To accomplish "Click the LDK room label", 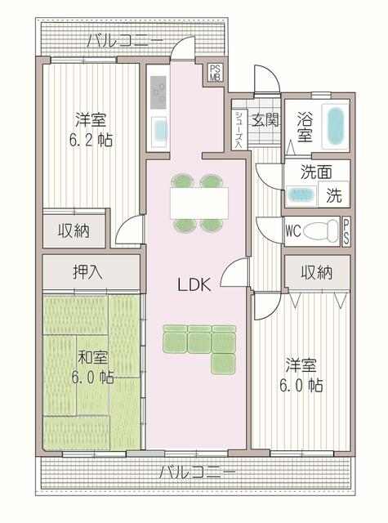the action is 194,285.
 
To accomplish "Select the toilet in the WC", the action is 321,230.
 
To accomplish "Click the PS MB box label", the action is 215,73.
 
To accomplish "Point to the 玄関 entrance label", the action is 265,120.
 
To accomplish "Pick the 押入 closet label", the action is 87,272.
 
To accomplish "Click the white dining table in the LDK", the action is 199,203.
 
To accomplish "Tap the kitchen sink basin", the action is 159,129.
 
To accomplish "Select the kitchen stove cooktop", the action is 158,92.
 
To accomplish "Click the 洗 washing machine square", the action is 333,194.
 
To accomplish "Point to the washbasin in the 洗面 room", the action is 301,194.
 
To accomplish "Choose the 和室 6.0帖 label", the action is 92,367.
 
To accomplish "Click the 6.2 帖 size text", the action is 91,141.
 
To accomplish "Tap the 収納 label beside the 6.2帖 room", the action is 74,230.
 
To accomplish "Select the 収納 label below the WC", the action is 316,272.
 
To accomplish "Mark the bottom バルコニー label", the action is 198,472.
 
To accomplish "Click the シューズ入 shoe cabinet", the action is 239,129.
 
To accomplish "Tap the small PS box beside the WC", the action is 346,232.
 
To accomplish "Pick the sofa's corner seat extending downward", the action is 223,363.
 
